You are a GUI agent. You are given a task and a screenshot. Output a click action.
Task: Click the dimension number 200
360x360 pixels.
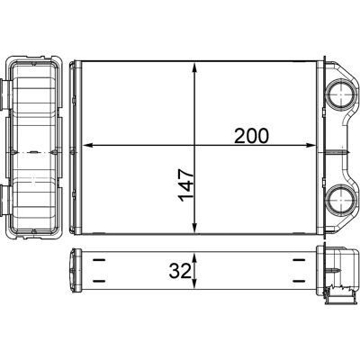251,136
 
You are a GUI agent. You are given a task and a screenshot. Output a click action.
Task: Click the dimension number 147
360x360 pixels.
186,184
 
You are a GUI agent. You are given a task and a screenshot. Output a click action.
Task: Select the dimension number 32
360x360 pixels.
180,272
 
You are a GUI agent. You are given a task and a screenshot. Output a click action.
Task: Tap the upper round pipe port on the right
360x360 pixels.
341,94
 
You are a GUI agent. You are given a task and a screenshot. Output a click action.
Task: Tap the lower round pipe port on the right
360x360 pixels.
341,199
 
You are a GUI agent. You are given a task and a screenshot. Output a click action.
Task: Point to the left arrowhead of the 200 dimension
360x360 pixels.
86,146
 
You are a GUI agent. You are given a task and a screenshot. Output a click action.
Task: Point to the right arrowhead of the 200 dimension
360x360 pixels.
310,146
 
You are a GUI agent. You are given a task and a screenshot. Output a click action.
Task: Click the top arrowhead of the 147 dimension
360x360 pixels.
194,67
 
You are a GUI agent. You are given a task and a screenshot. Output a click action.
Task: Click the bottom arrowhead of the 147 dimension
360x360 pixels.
194,228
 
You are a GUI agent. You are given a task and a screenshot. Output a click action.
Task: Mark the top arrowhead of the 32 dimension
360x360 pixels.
194,258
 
